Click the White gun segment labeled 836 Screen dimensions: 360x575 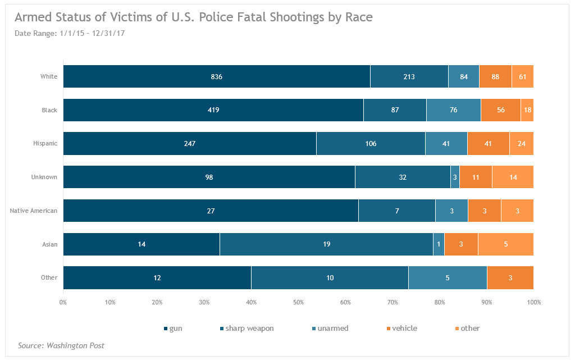click(x=217, y=76)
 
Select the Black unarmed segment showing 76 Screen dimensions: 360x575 click(x=453, y=110)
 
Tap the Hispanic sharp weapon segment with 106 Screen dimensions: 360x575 click(x=371, y=144)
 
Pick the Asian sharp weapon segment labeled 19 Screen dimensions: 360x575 click(x=326, y=244)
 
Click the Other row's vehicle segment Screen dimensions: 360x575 click(x=510, y=278)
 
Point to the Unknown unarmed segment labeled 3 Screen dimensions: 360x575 click(x=455, y=177)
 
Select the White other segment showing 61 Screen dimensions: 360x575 click(x=522, y=76)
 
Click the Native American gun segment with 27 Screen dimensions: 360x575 click(x=211, y=211)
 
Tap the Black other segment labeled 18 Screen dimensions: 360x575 click(x=527, y=110)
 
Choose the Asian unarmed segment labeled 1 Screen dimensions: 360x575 click(x=439, y=244)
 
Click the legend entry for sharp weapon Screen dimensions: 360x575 click(x=247, y=329)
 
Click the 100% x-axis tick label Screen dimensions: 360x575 click(x=533, y=303)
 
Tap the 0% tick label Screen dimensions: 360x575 click(x=63, y=303)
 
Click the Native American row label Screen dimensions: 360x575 click(x=34, y=211)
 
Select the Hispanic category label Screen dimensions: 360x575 click(x=45, y=144)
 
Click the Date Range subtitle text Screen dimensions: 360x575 click(x=70, y=34)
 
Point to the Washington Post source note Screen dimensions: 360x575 click(x=61, y=346)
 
